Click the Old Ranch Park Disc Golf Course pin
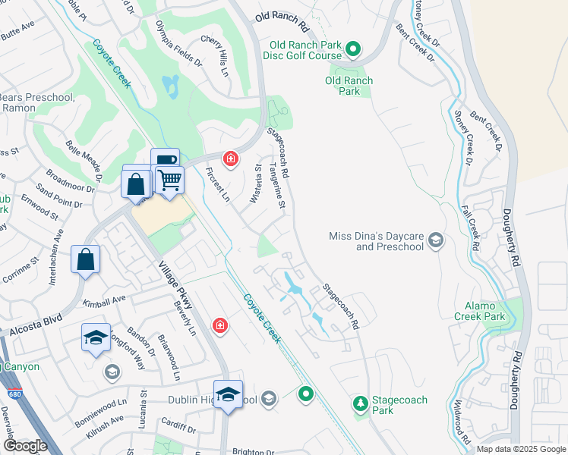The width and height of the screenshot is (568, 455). tap(353, 50)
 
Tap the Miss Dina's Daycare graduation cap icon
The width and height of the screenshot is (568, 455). tap(436, 241)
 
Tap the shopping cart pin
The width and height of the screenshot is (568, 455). tap(170, 180)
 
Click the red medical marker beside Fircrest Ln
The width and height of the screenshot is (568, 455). tap(229, 158)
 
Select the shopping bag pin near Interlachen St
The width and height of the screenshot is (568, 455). tap(86, 259)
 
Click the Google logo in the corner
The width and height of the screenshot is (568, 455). tap(26, 446)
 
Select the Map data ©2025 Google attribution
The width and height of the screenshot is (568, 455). tap(521, 449)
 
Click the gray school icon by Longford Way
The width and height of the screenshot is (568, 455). tap(112, 372)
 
